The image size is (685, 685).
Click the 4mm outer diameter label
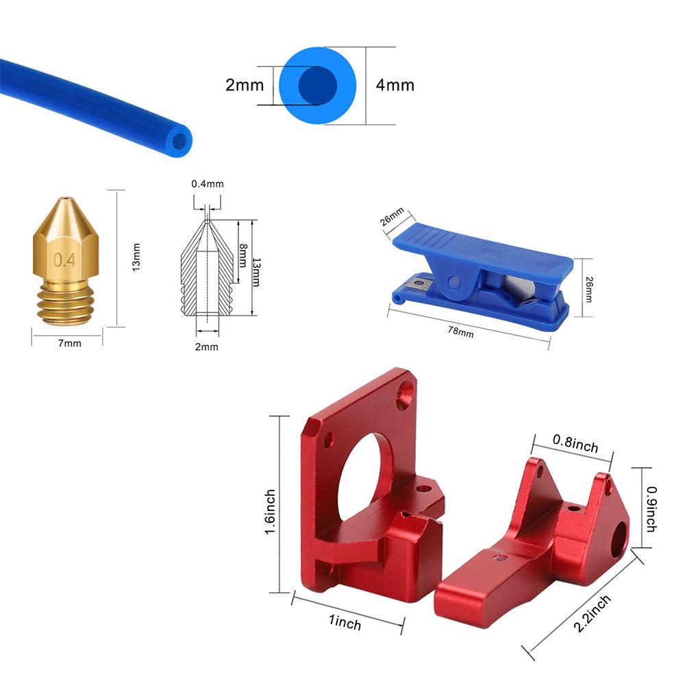click(x=395, y=85)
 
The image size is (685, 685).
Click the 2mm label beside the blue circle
click(x=245, y=85)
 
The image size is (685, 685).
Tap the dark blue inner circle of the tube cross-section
click(x=318, y=86)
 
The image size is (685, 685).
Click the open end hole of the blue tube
click(x=179, y=141)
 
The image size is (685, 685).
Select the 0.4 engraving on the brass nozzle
click(x=64, y=260)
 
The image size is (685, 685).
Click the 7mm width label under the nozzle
click(x=70, y=343)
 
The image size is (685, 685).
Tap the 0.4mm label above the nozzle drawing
click(x=208, y=184)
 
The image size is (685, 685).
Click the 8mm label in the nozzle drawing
click(x=243, y=256)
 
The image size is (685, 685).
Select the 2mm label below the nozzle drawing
click(x=207, y=347)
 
